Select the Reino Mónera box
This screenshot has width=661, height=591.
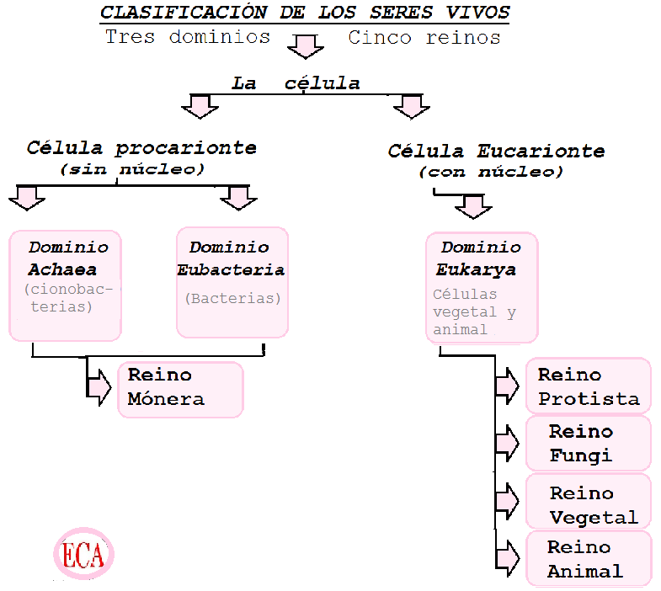(180, 389)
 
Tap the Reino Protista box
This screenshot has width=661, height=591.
(588, 386)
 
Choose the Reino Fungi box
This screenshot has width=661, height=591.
(588, 444)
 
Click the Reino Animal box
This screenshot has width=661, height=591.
(588, 558)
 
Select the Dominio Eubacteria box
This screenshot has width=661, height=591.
(232, 282)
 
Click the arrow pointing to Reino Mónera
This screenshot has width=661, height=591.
(99, 386)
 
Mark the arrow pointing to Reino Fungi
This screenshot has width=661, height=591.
(507, 443)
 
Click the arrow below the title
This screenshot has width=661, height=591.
(305, 46)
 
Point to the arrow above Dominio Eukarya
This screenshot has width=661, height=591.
(473, 205)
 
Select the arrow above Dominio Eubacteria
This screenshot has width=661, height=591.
(238, 197)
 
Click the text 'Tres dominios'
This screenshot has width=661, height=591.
(188, 38)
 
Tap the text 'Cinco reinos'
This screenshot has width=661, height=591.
(424, 38)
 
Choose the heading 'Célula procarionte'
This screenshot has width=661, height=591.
(141, 148)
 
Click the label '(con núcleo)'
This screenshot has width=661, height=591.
(491, 172)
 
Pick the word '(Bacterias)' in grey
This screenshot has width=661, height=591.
(232, 298)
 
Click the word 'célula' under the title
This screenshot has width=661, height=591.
(322, 83)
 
